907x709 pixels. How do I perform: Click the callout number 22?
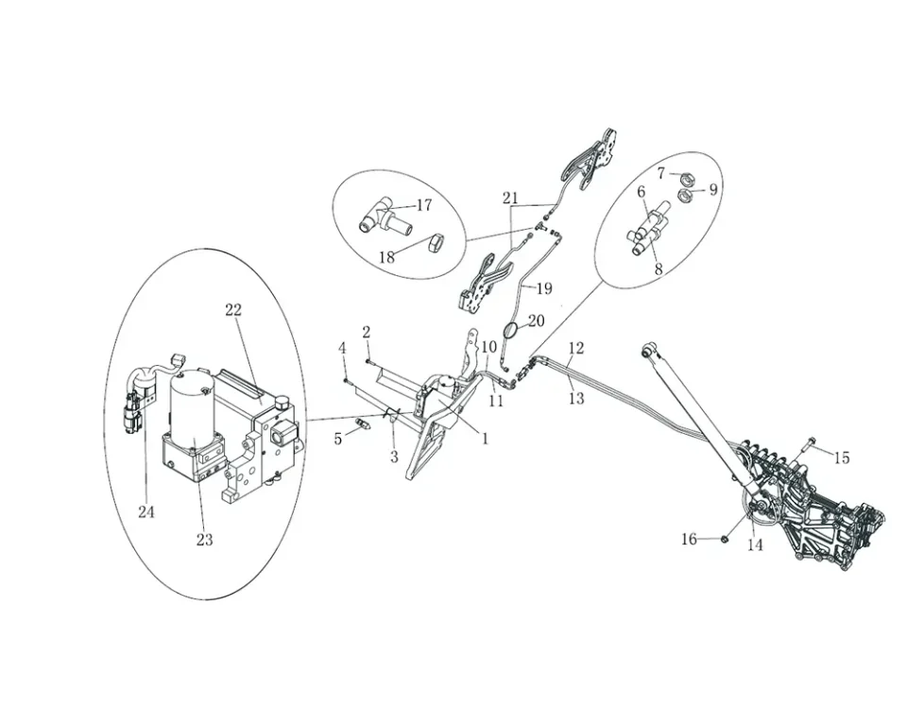click(233, 309)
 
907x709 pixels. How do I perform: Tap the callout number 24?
click(145, 512)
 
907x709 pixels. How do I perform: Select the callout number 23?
click(205, 540)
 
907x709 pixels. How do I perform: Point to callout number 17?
click(423, 205)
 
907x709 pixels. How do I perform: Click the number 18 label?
click(387, 257)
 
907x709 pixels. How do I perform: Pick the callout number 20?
click(536, 321)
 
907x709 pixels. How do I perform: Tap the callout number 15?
click(841, 458)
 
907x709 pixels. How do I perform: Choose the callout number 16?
click(689, 539)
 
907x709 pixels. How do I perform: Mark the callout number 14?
click(755, 545)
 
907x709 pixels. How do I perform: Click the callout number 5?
click(337, 439)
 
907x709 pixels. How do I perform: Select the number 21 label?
click(511, 199)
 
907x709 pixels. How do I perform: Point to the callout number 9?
click(713, 189)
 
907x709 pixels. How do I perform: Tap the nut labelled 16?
click(722, 539)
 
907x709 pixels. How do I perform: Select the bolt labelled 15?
click(810, 442)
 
